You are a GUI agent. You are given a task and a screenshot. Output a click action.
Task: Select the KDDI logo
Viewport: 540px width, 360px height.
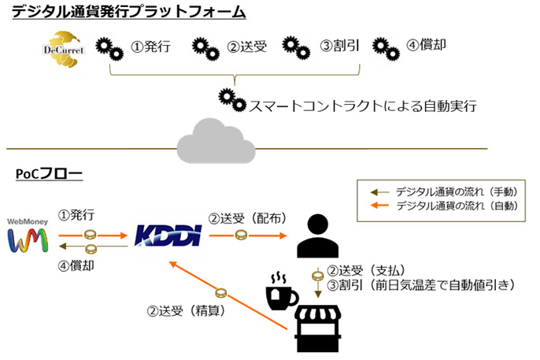pos(168,234)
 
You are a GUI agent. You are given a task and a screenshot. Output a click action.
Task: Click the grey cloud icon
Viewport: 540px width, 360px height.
pos(216,139)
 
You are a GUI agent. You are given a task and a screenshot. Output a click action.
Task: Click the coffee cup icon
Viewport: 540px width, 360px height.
pos(281,292)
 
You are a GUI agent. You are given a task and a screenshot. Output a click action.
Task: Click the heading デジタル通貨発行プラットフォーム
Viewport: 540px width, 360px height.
pos(128,13)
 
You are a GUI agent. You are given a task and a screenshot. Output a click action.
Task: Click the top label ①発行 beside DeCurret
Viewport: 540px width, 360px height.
pos(150,46)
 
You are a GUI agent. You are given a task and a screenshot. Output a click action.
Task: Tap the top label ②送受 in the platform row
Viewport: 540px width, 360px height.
pos(247,46)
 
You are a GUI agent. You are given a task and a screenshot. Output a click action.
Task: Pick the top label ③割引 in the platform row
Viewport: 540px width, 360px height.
pos(340,46)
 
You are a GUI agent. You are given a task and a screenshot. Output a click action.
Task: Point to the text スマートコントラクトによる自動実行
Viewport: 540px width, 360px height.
pos(363,104)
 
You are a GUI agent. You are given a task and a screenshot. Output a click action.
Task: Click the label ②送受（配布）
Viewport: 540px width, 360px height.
pos(246,217)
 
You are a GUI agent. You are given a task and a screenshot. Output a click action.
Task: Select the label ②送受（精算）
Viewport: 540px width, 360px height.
pos(187,310)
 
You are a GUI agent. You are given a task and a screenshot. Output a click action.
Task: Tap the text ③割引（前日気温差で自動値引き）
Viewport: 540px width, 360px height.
pos(420,284)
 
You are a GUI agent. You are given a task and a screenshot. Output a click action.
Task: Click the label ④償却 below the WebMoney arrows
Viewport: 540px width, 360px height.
pos(76,265)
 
